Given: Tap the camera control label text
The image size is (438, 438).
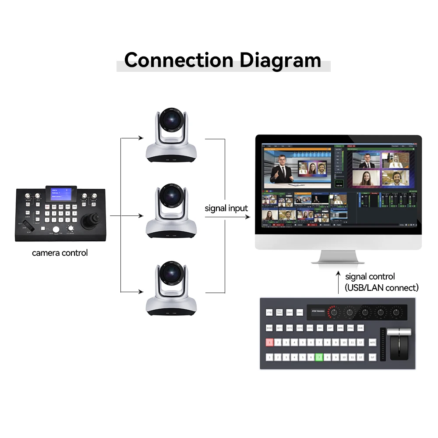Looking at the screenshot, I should click(60, 253).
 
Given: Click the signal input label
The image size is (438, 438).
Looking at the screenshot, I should click(226, 208).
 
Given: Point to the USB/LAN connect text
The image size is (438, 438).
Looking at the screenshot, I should click(381, 288).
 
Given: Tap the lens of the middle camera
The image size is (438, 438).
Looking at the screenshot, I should click(171, 197).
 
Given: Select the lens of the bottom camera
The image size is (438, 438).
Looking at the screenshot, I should click(171, 274).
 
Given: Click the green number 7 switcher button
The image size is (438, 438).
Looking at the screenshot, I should click(319, 357).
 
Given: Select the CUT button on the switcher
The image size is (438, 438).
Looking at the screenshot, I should click(372, 357).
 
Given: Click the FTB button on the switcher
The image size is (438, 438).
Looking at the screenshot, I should click(269, 313).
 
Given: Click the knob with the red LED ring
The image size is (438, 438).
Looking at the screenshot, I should click(334, 312).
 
